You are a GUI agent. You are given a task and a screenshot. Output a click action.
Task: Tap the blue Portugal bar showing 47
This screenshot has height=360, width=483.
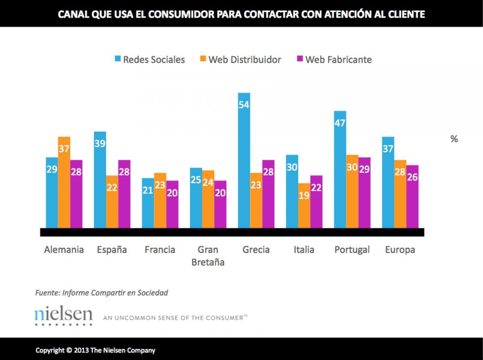[340, 169]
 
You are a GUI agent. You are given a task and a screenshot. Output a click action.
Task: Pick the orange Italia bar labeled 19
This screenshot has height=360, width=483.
[304, 205]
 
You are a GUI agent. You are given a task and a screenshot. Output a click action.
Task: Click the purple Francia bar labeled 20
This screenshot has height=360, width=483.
[172, 204]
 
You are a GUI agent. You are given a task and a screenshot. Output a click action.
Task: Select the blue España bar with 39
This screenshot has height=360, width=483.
[100, 180]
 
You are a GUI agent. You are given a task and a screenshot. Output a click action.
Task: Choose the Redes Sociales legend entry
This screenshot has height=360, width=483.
[149, 60]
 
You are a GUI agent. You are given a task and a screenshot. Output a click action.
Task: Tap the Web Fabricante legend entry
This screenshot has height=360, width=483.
[333, 60]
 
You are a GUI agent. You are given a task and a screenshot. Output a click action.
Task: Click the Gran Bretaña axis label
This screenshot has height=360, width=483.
[208, 256]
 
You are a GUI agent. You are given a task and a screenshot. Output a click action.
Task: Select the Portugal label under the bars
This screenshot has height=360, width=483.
[352, 250]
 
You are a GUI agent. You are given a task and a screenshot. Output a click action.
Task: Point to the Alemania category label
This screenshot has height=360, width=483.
[64, 250]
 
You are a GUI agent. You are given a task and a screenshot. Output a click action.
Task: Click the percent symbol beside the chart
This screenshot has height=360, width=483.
[454, 139]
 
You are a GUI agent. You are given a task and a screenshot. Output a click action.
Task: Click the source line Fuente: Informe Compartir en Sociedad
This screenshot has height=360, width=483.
[101, 293]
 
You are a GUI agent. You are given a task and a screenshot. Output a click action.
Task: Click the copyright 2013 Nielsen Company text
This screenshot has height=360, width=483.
[95, 350]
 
